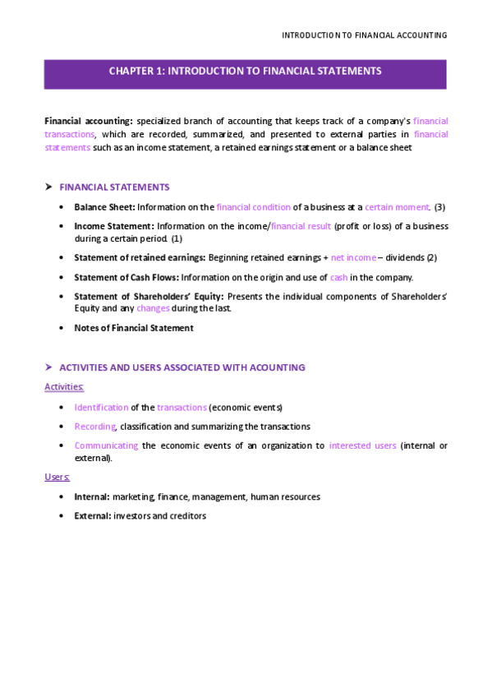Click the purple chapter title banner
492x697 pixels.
pos(245,72)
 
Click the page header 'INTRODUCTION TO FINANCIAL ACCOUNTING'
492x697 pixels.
pos(364,35)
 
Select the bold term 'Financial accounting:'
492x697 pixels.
pos(88,121)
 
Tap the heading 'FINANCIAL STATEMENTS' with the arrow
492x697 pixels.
pos(114,187)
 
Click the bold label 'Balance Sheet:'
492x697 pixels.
pos(104,207)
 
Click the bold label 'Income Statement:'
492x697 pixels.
pos(113,226)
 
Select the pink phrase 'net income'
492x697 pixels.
pos(353,257)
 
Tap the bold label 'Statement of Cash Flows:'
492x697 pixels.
pos(126,278)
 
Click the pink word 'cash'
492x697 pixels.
pos(338,278)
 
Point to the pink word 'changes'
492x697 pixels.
pos(153,308)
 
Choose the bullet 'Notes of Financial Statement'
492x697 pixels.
pos(134,328)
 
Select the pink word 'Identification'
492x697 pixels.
pos(101,407)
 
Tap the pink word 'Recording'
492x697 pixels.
pos(94,427)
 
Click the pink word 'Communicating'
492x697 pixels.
pos(106,445)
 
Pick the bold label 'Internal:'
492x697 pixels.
pos(92,496)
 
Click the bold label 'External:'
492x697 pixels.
pos(92,516)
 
